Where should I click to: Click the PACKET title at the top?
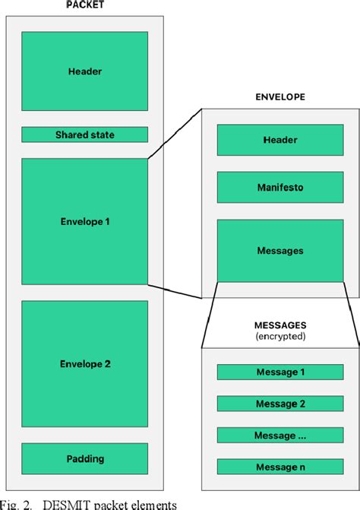[84, 4]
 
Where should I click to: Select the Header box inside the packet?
[84, 71]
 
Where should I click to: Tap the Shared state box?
[84, 135]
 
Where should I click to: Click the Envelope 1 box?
[84, 221]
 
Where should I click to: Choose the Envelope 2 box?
[84, 364]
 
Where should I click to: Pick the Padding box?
[84, 458]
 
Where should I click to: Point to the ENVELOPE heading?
[280, 97]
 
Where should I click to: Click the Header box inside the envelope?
[280, 140]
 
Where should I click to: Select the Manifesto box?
[280, 187]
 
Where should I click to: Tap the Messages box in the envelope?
[280, 251]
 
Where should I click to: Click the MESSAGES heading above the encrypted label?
[280, 324]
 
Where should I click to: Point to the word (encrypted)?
[280, 336]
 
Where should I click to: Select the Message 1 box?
[280, 372]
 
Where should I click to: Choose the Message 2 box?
[280, 404]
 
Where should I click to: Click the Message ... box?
[280, 436]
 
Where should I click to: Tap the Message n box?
[280, 467]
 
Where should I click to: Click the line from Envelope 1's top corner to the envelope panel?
[175, 134]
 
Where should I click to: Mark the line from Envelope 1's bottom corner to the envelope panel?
[175, 290]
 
